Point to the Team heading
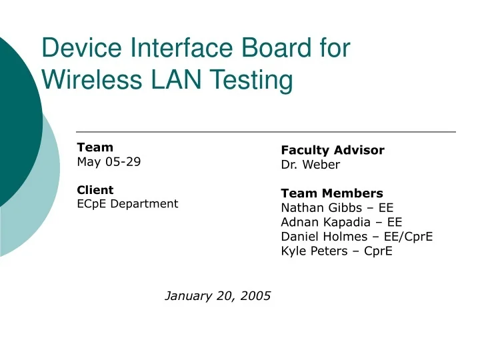click(95, 147)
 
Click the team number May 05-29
click(109, 161)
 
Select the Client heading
click(95, 189)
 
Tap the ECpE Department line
click(127, 203)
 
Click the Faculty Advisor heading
click(333, 150)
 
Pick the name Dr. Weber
click(310, 164)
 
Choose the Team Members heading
click(332, 193)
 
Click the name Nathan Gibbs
click(321, 207)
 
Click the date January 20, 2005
click(218, 295)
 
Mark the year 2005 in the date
click(255, 295)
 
